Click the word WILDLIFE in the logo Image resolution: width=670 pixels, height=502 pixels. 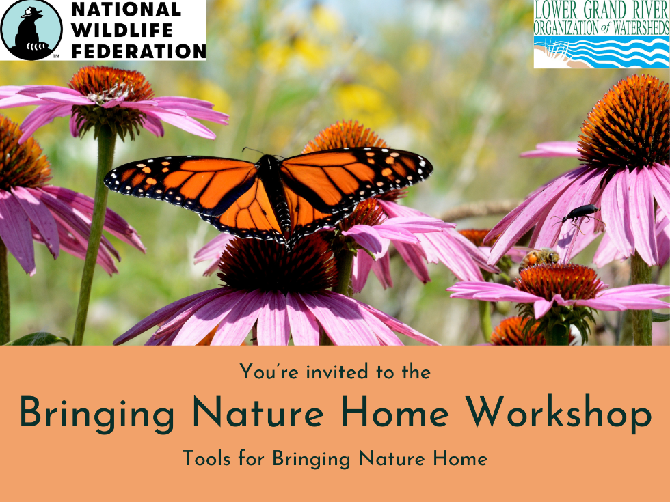[122, 30]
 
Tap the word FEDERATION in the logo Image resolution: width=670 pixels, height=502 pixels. [138, 51]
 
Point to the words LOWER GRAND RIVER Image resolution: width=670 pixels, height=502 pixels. [602, 10]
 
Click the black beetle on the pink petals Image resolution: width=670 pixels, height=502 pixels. [578, 213]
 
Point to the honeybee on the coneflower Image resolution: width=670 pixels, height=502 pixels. [539, 258]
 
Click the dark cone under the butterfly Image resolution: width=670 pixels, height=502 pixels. [277, 265]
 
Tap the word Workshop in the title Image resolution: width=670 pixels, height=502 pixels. [559, 413]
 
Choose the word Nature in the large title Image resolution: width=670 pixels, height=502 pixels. [258, 412]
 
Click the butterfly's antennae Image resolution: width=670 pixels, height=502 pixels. [261, 152]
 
